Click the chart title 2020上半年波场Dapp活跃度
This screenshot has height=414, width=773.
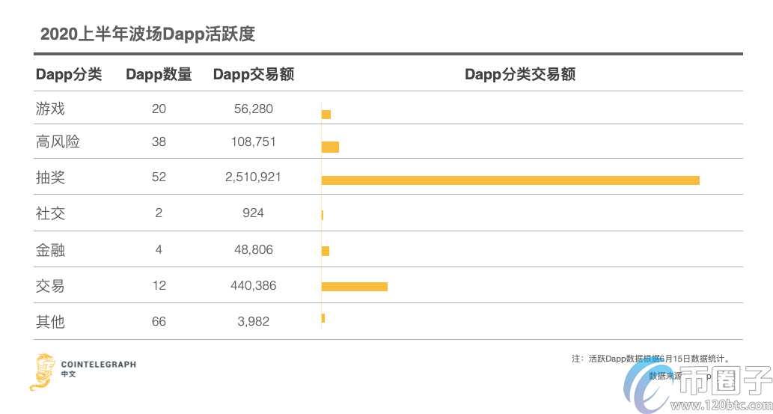click(147, 34)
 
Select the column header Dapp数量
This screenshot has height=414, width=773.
click(159, 74)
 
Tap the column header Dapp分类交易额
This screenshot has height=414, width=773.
click(520, 74)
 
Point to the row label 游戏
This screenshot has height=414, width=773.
click(51, 109)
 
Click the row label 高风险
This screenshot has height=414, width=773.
click(58, 141)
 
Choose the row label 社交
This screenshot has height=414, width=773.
click(51, 213)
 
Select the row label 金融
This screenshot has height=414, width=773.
click(51, 249)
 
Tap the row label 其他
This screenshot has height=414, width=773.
click(51, 322)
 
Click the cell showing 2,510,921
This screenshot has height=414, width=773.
click(253, 177)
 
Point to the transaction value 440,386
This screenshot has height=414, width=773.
click(253, 285)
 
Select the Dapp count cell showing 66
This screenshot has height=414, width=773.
click(159, 322)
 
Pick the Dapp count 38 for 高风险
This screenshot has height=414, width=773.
click(159, 141)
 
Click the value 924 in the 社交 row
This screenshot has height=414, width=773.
click(253, 213)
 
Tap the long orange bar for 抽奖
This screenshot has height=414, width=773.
click(510, 180)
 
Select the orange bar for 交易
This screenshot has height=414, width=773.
click(354, 287)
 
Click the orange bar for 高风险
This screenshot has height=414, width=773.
click(330, 147)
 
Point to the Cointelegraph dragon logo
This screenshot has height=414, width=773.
click(42, 371)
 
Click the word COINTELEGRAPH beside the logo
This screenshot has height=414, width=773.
click(99, 365)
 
